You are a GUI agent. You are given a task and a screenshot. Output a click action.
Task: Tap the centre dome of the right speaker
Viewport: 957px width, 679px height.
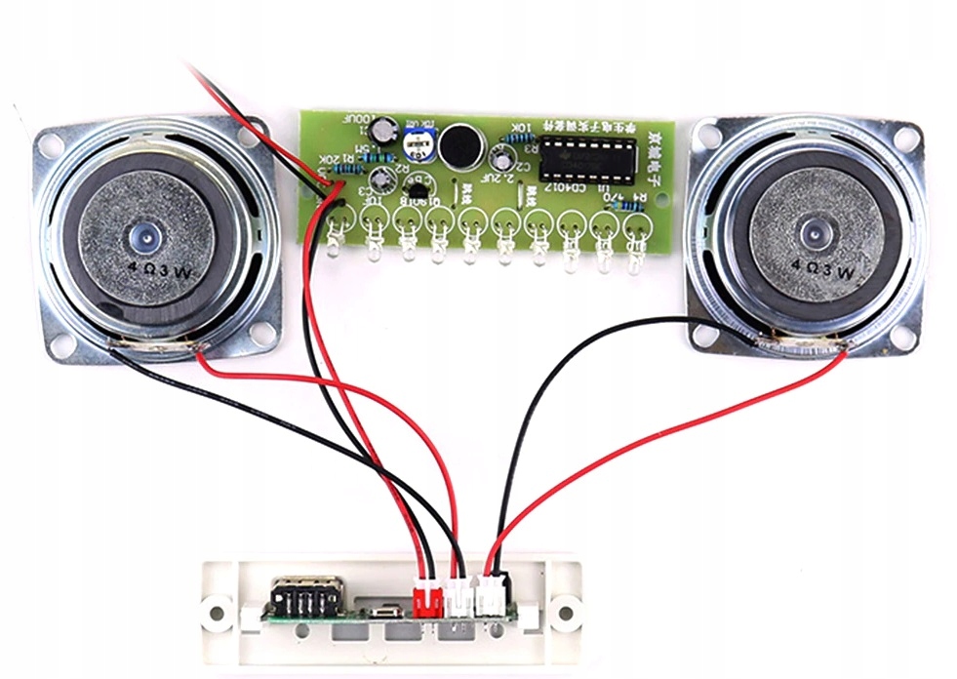(812, 234)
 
